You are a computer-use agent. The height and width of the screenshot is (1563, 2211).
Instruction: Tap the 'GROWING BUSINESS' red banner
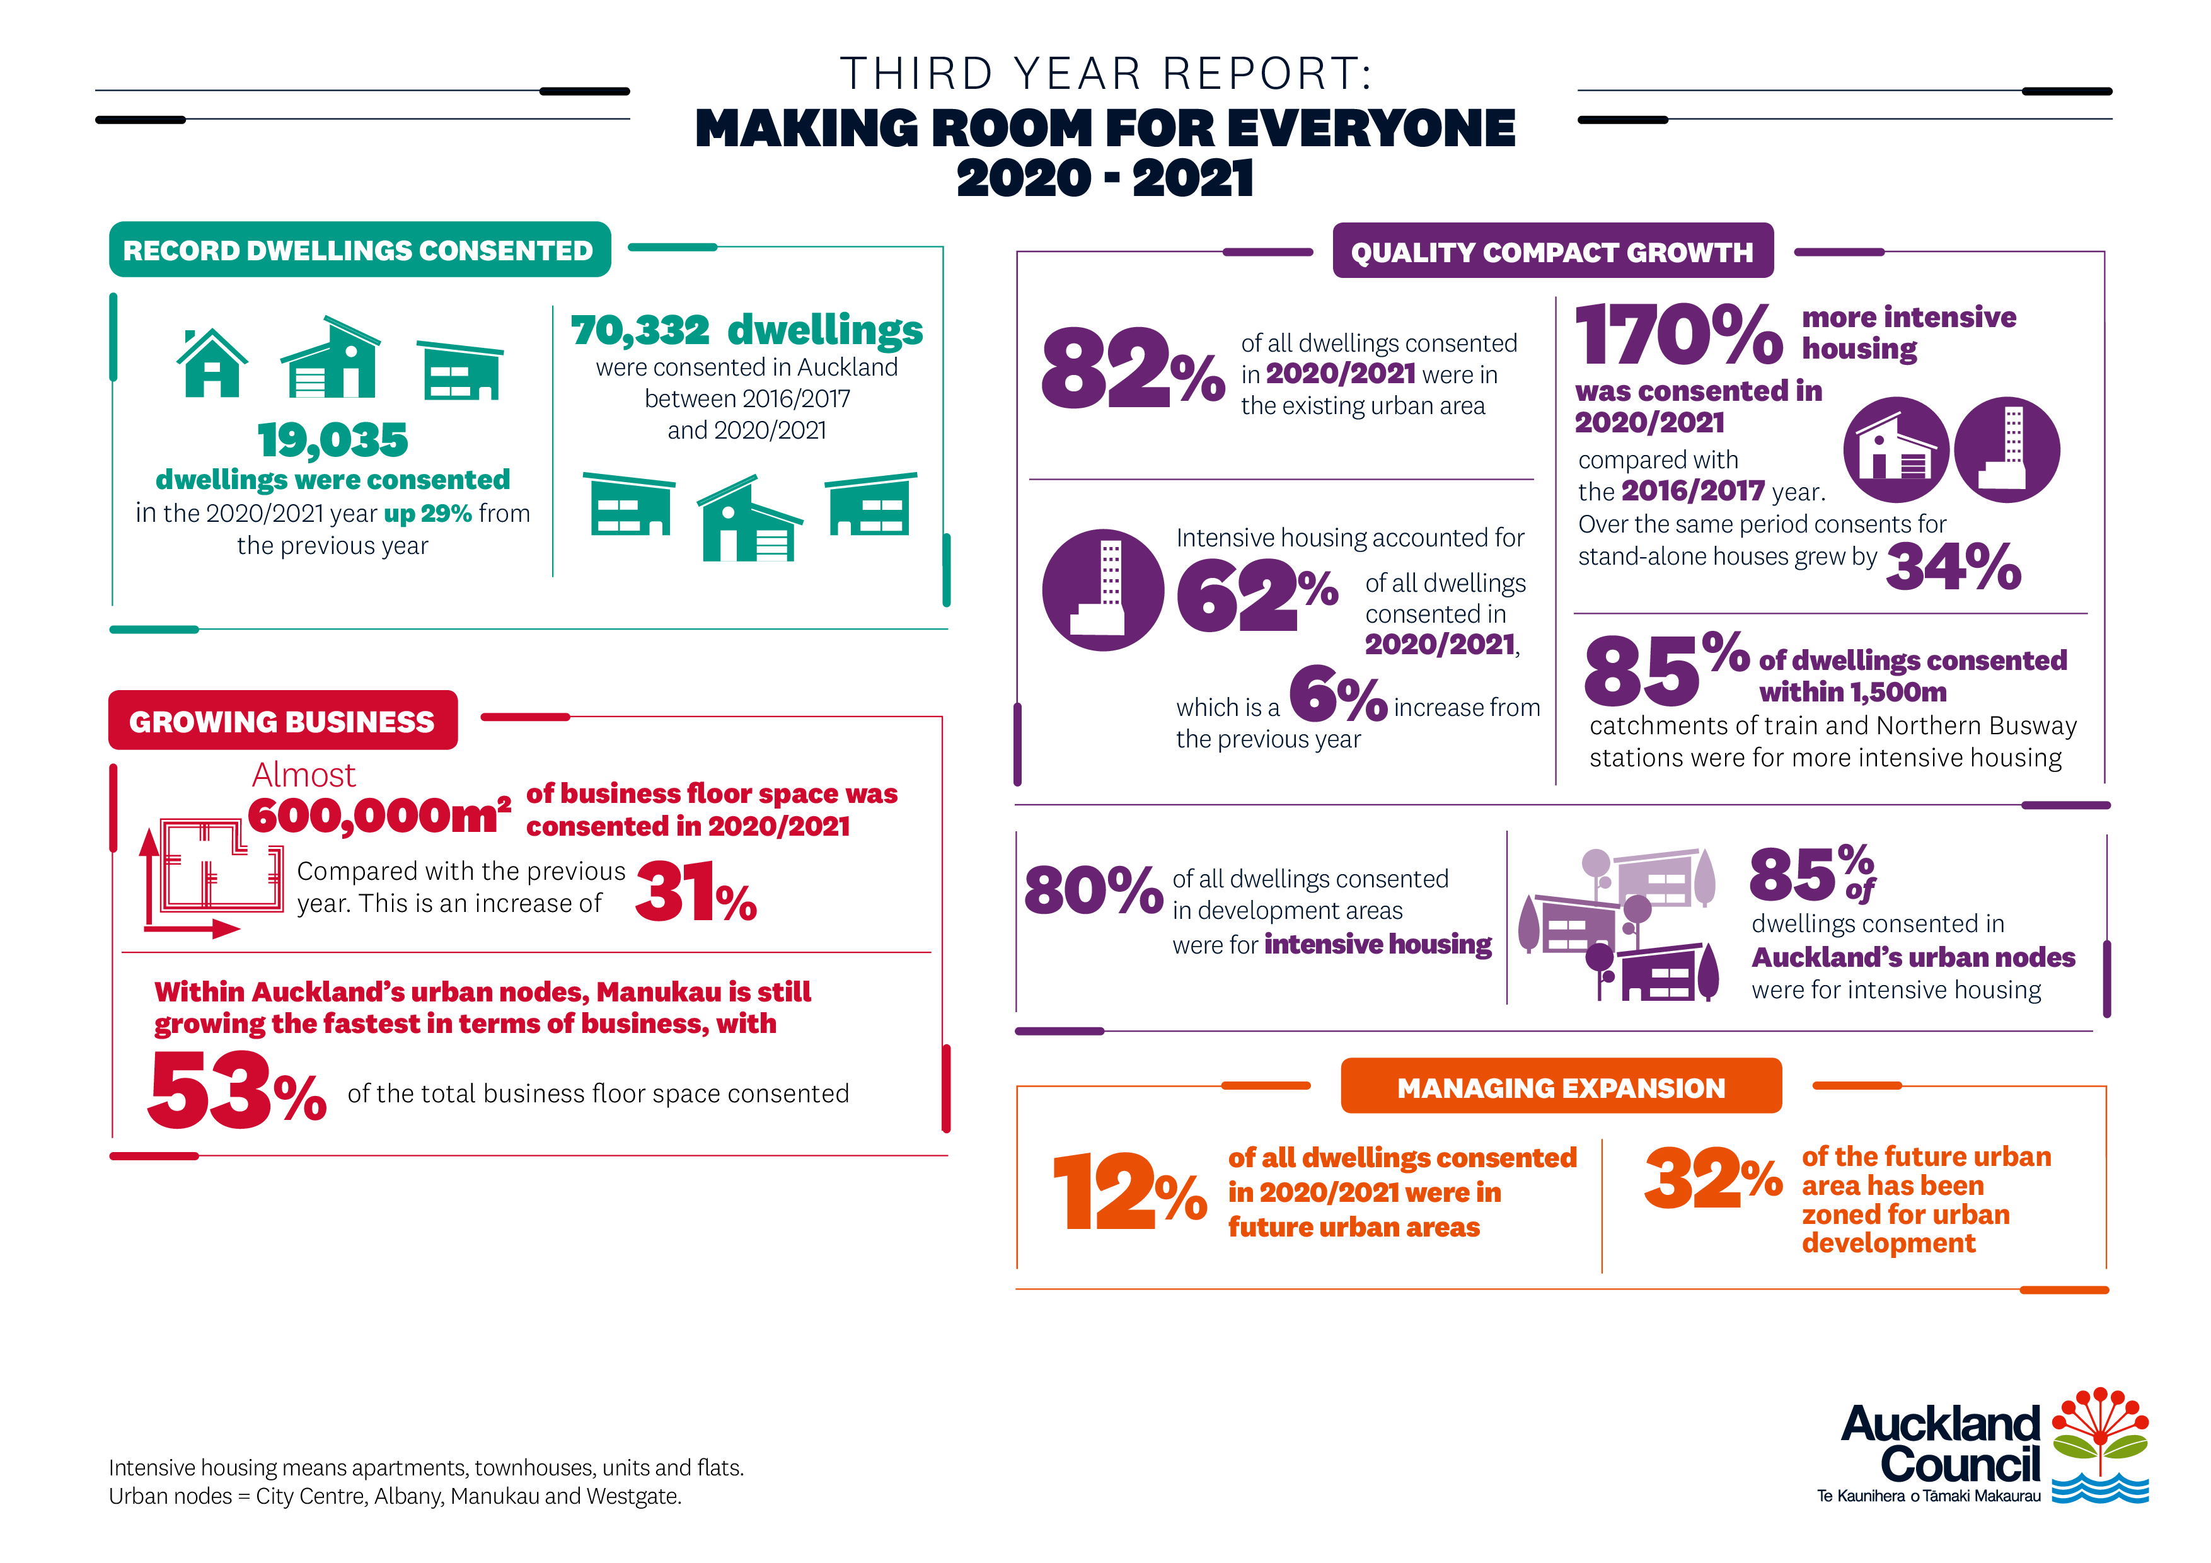tap(282, 720)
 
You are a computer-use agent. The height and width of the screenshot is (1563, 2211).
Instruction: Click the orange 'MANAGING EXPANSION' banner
tap(1560, 1087)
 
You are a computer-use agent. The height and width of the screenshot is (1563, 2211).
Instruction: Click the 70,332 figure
tap(640, 330)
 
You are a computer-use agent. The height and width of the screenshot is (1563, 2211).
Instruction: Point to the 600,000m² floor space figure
tap(378, 816)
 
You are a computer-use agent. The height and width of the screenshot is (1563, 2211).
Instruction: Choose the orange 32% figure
tap(1712, 1179)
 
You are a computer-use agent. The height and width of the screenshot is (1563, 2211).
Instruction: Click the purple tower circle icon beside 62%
tap(1102, 589)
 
